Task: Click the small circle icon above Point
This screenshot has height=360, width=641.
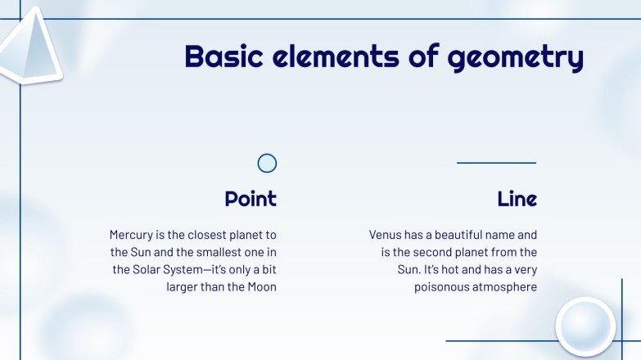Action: point(267,163)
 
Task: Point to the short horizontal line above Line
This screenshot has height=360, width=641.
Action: point(496,163)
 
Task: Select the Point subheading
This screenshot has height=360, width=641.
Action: point(251,199)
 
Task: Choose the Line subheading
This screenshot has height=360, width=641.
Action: point(517,199)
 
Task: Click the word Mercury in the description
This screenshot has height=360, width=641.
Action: point(132,235)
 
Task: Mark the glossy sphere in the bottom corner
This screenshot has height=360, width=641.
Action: point(585,325)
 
